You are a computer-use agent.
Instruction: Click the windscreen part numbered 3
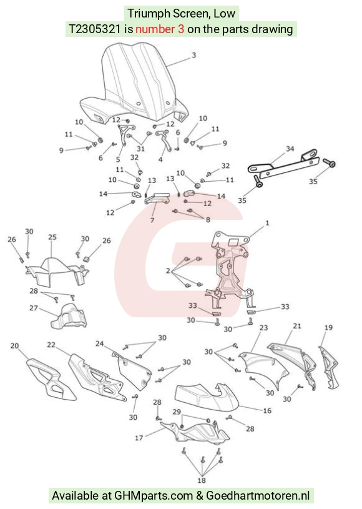136,84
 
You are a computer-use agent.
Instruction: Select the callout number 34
290,149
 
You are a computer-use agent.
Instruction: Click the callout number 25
52,237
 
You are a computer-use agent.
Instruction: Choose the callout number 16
267,411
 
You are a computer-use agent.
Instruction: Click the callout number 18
202,480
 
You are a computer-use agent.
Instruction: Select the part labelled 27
69,317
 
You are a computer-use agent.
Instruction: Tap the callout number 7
152,220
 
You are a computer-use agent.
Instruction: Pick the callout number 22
51,344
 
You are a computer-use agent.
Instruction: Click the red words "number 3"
160,29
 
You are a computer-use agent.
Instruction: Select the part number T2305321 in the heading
94,29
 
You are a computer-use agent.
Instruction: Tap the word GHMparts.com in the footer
154,496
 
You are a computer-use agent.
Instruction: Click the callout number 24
100,343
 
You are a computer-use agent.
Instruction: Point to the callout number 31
140,149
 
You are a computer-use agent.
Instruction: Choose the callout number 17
139,438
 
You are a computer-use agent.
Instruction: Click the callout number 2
168,270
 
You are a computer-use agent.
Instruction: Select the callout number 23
264,327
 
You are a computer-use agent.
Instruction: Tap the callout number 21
297,325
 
